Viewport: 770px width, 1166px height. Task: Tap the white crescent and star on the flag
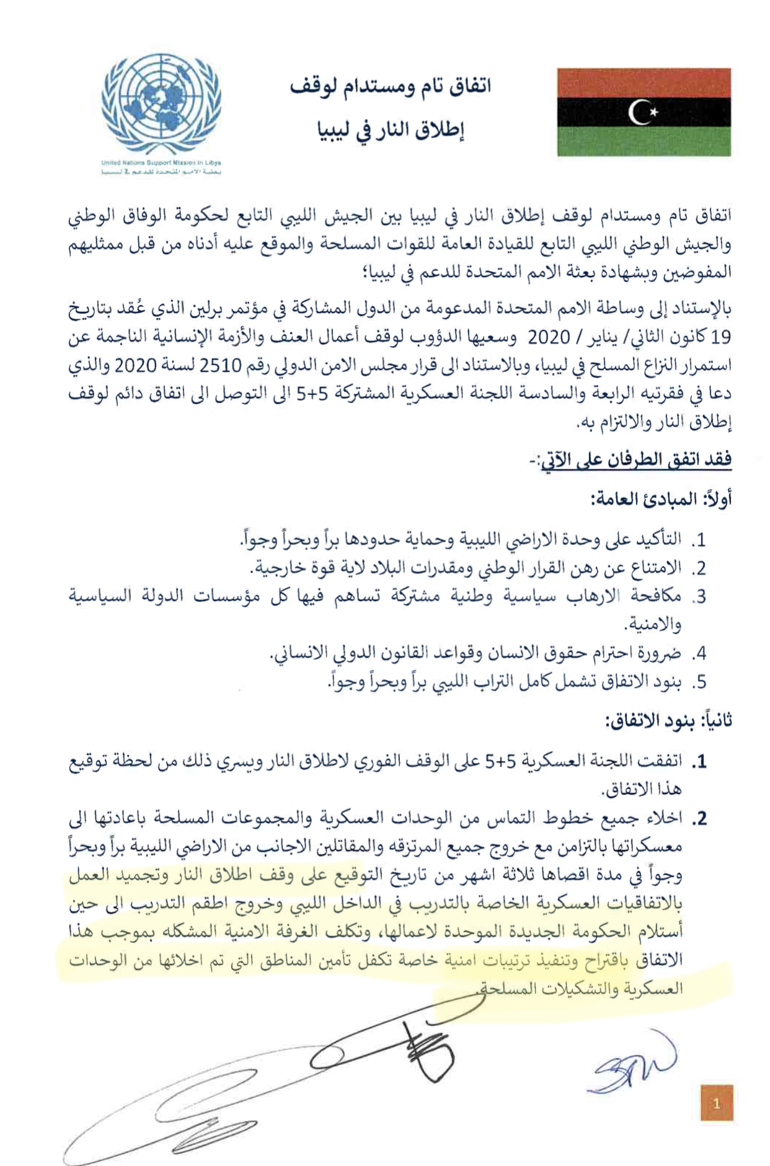click(x=643, y=112)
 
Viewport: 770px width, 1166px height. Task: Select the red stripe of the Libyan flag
click(x=644, y=82)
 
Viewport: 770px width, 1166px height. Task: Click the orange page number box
click(x=717, y=1103)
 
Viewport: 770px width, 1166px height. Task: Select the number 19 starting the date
click(x=721, y=336)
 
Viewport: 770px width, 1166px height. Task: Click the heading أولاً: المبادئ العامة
click(x=662, y=498)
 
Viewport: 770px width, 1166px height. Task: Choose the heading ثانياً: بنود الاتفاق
click(x=668, y=720)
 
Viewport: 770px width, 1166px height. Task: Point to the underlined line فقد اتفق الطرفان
click(x=635, y=460)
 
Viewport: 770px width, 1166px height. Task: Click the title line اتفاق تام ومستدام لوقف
click(x=390, y=86)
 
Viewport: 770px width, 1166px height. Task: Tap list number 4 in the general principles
click(x=699, y=653)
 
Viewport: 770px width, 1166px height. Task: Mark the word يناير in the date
click(x=614, y=337)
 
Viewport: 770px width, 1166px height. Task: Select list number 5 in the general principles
click(x=699, y=682)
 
